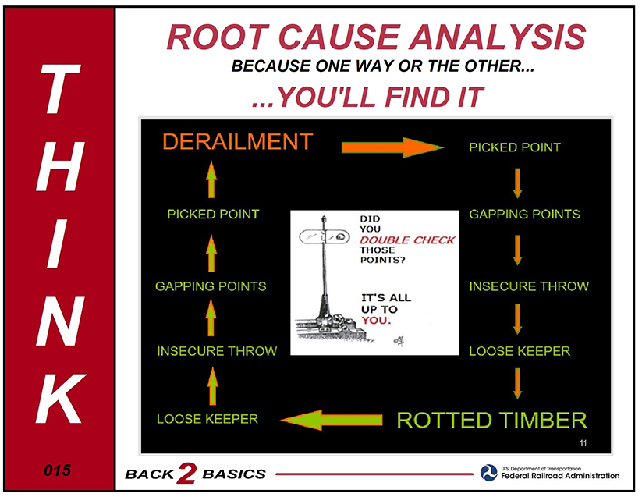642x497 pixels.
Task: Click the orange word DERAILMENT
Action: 237,142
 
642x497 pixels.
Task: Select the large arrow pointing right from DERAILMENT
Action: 392,147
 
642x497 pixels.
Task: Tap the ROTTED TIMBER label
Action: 491,421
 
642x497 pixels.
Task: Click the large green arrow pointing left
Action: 332,420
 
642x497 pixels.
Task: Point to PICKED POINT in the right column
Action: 515,147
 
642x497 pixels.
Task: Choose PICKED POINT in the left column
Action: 213,214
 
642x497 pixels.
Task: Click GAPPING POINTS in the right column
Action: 524,214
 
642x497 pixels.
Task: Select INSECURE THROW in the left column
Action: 217,351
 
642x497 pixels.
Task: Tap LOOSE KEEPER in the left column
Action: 207,419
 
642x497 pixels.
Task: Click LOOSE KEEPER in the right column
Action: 520,351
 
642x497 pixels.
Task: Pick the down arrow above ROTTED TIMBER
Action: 517,384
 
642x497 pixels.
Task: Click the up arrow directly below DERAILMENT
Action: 211,179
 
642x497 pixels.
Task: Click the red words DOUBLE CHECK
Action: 407,240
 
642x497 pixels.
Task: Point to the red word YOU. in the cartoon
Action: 376,320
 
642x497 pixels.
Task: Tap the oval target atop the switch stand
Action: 325,236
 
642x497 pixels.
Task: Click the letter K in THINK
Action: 61,399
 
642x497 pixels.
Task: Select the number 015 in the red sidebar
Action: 57,470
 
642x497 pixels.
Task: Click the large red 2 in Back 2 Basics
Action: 186,474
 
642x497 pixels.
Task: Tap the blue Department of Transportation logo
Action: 489,473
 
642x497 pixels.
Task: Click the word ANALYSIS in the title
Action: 498,37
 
